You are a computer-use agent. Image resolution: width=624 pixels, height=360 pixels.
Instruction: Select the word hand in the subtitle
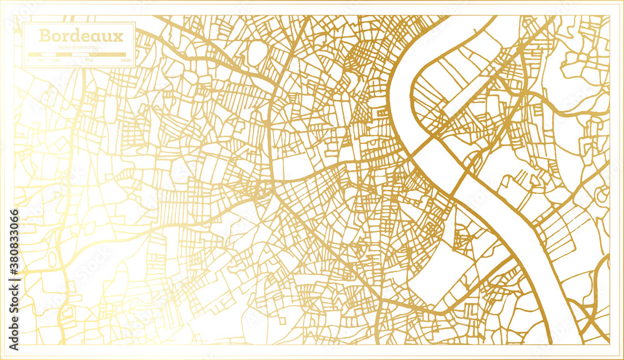[63, 47]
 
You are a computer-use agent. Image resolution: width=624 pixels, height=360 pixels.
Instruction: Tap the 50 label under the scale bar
[42, 61]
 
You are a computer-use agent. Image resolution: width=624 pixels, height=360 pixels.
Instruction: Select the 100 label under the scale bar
[56, 61]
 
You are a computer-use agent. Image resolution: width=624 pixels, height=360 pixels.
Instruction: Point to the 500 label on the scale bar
[89, 61]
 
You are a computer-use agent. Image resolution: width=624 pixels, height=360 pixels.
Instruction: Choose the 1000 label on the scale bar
[125, 61]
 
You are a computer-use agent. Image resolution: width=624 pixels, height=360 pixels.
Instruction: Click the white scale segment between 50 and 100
[49, 55]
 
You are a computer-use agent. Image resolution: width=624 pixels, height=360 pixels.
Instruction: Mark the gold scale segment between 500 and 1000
[107, 55]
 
